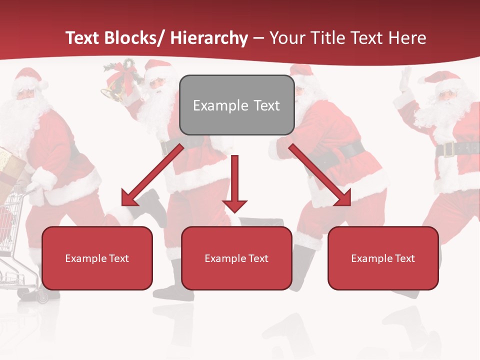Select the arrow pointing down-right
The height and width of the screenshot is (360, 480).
tap(320, 175)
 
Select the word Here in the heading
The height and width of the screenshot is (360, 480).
tap(407, 38)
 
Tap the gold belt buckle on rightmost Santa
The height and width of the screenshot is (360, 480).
tap(447, 149)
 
